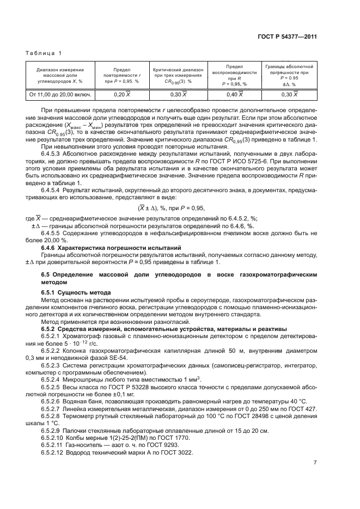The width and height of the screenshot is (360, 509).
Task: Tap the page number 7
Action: tap(315, 463)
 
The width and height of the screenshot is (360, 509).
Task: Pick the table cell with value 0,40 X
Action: tap(234, 95)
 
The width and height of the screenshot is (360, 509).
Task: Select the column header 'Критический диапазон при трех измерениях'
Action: tap(178, 75)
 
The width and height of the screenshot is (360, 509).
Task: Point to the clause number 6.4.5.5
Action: tap(53, 232)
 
